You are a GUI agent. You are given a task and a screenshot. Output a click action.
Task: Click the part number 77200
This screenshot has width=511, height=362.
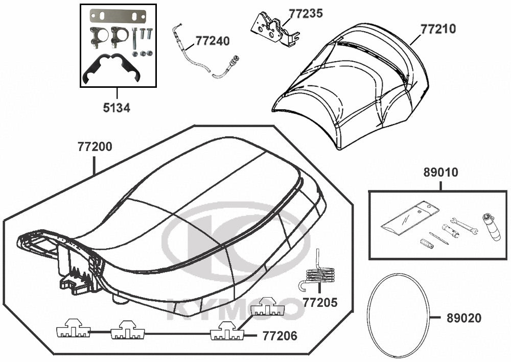tap(95, 147)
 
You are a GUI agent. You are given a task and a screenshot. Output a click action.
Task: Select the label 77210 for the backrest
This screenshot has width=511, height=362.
tap(438, 28)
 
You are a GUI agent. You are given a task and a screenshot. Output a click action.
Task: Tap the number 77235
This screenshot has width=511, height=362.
tap(306, 13)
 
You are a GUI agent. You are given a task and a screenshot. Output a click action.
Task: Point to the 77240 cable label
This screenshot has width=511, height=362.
tap(213, 41)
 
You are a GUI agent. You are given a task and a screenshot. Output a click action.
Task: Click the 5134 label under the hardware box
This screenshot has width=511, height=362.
tap(117, 108)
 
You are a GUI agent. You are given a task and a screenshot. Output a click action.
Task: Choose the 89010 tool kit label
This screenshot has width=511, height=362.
tap(440, 173)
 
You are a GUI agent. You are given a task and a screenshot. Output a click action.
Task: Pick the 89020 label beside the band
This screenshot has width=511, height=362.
tap(463, 318)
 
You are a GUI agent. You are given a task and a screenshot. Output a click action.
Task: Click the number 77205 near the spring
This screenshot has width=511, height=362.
tap(320, 303)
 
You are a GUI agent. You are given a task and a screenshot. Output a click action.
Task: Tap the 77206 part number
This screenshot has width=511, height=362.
tap(280, 336)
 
